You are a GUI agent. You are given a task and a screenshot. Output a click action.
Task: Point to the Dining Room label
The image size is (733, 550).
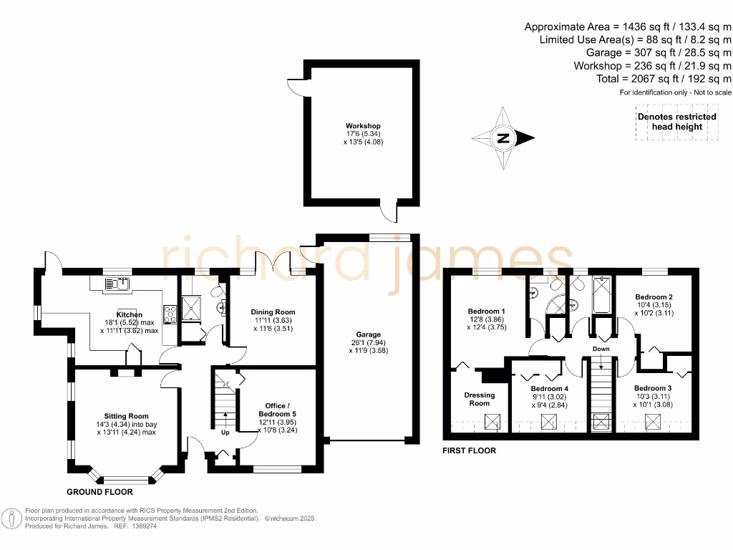[272, 312]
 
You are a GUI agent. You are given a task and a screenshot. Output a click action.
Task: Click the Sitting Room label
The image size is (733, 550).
[126, 416]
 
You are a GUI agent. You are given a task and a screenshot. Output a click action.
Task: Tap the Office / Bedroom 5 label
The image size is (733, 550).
[277, 410]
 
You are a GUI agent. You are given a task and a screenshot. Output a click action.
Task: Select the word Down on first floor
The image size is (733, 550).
[601, 349]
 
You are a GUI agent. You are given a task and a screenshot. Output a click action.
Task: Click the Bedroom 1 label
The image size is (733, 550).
[487, 312]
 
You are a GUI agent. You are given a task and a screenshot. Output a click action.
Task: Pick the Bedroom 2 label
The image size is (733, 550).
[654, 296]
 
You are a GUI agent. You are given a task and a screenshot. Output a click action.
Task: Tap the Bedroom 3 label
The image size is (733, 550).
[654, 388]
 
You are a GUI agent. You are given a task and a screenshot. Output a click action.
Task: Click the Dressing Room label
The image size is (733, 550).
[479, 399]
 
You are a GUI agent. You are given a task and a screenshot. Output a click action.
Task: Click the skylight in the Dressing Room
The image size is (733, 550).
[493, 423]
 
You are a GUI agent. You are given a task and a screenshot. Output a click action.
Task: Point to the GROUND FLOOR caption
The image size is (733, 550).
[99, 492]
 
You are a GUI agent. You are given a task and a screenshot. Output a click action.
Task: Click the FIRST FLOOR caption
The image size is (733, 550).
[470, 450]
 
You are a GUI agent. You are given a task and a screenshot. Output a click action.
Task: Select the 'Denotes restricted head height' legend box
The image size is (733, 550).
[676, 122]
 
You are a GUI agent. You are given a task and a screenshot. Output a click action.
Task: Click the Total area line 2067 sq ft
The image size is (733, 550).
[664, 79]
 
